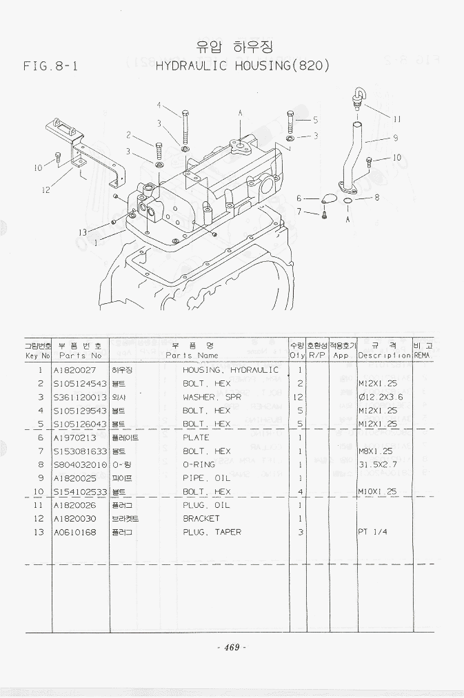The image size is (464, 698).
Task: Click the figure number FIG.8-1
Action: pos(50,67)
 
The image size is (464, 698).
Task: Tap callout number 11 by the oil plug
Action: pos(398,118)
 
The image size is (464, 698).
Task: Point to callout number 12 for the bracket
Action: pos(46,190)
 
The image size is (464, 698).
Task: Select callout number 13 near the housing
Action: pos(83,232)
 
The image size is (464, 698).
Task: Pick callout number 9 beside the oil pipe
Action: pos(396,137)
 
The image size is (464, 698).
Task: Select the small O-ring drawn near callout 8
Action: pos(349,201)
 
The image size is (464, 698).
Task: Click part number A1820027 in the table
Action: pos(75,370)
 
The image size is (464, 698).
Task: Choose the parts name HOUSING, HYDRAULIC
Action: pos(230,370)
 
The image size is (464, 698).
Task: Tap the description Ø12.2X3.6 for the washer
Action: pos(381,397)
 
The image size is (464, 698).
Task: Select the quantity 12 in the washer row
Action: pos(299,397)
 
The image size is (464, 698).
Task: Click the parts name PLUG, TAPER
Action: pos(212,532)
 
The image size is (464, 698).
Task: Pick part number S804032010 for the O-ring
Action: pos(80,464)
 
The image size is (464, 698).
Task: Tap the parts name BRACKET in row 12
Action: pos(201,518)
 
